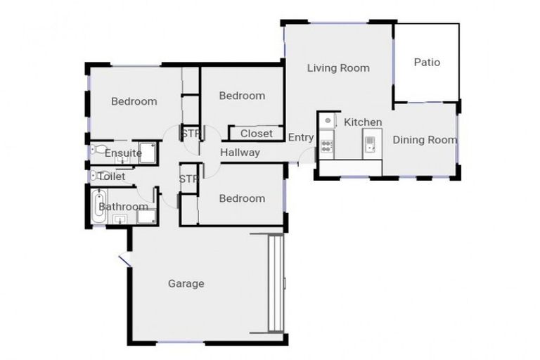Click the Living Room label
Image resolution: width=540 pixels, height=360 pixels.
pyautogui.click(x=338, y=68)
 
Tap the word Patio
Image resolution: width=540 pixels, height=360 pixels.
pyautogui.click(x=426, y=63)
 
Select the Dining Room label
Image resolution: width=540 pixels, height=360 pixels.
pyautogui.click(x=424, y=140)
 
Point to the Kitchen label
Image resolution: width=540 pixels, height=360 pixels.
pyautogui.click(x=363, y=122)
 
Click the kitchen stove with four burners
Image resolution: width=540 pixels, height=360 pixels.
pyautogui.click(x=327, y=146)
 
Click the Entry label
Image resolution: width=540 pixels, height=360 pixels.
pyautogui.click(x=301, y=138)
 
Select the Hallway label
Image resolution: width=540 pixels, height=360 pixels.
pyautogui.click(x=240, y=153)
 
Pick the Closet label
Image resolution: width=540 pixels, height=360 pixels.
pyautogui.click(x=256, y=134)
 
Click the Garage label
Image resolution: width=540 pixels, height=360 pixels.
pyautogui.click(x=186, y=284)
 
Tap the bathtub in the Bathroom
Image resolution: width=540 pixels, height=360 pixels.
pyautogui.click(x=99, y=207)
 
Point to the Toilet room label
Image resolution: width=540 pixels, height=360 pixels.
pyautogui.click(x=112, y=176)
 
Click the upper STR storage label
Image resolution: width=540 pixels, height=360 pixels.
pyautogui.click(x=189, y=133)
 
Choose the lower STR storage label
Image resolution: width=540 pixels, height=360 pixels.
pyautogui.click(x=188, y=179)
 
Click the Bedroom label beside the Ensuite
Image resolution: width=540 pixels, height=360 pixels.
pyautogui.click(x=134, y=101)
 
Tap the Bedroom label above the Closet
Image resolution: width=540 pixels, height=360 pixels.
pyautogui.click(x=241, y=96)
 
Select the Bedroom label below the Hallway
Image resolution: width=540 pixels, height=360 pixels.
pyautogui.click(x=241, y=198)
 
